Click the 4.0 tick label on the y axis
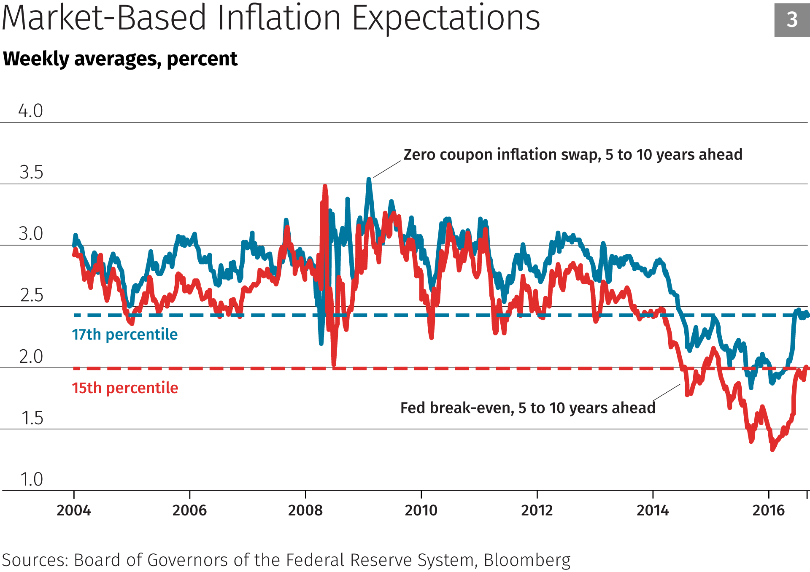tap(30, 111)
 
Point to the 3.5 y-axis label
tap(31, 173)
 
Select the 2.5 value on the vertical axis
tap(32, 295)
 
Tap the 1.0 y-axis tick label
tap(32, 480)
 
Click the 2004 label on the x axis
tap(74, 510)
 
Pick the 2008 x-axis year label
tap(305, 510)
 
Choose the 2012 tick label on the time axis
tap(537, 510)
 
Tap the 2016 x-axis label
tap(769, 510)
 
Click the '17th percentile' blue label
tap(125, 335)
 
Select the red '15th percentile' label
tap(125, 388)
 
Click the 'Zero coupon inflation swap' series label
tap(572, 155)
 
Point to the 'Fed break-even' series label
tap(528, 408)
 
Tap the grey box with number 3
tap(792, 20)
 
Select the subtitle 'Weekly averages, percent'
tap(120, 59)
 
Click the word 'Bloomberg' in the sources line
tap(527, 560)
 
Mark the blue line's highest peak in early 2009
tap(369, 179)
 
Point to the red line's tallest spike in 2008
tap(325, 186)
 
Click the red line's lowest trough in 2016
tap(772, 450)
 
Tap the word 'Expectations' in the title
tap(446, 18)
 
